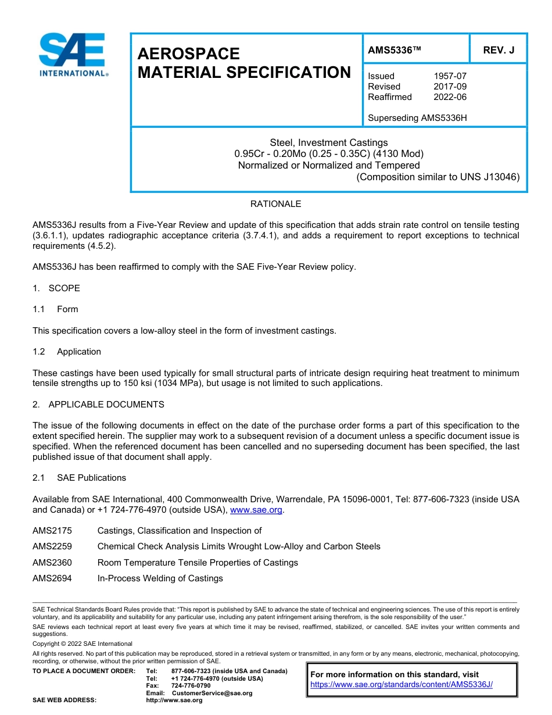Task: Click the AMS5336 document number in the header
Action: point(393,51)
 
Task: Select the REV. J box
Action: point(499,51)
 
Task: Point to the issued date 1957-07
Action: point(450,76)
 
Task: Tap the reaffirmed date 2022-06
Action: point(450,97)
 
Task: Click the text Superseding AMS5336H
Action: point(417,118)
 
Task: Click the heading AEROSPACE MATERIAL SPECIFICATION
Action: point(243,63)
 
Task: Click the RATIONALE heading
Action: point(275,204)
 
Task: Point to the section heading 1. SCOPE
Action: point(56,288)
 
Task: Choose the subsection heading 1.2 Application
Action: point(67,352)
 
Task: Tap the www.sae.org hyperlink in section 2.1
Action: point(256,510)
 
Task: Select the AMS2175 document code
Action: point(52,531)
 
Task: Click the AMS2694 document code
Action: point(52,578)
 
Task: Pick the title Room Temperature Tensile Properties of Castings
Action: point(198,563)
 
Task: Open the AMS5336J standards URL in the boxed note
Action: point(402,685)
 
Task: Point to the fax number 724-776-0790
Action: point(191,686)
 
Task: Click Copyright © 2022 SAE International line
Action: point(83,643)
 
